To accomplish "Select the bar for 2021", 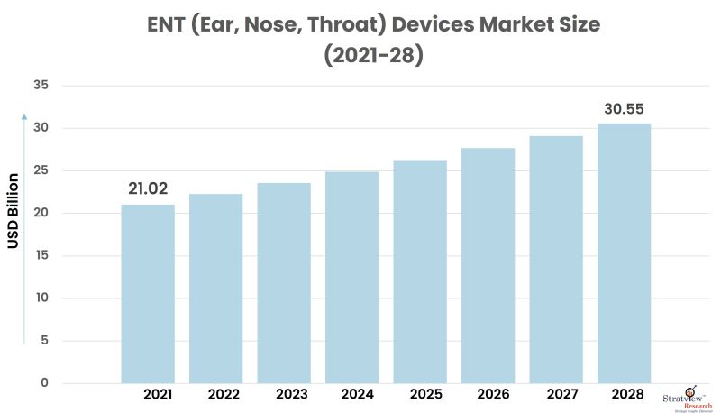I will pos(148,293).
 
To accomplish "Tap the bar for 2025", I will pos(420,271).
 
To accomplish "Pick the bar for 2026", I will pos(488,265).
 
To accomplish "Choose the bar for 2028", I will pos(624,252).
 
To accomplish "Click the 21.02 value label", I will pos(149,188).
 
